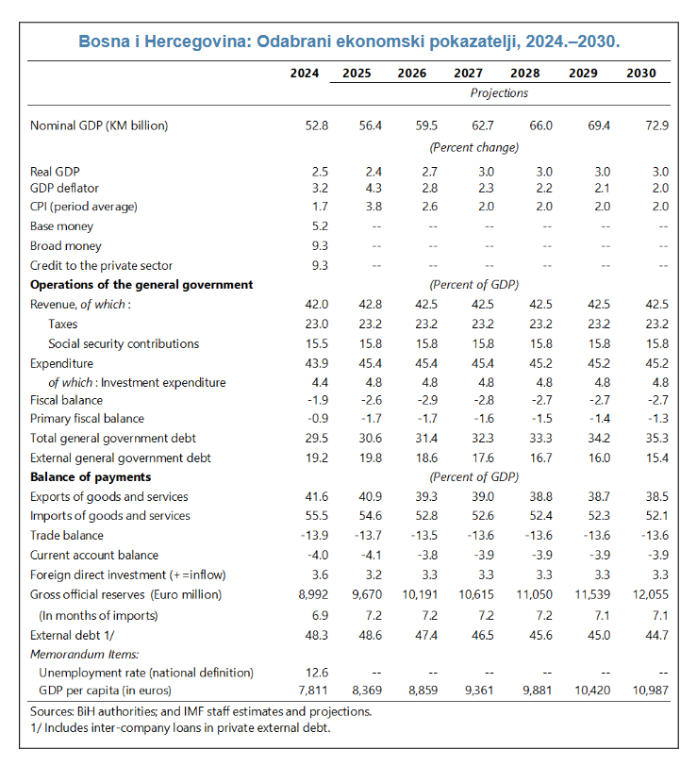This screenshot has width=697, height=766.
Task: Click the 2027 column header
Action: tap(469, 73)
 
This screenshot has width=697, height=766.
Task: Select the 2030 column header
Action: tap(640, 73)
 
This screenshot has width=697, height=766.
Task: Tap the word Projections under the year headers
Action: tap(499, 93)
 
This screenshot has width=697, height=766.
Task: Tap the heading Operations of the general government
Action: tap(141, 284)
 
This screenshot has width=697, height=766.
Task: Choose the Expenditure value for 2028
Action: tap(541, 363)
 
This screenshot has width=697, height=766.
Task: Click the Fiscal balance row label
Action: tap(69, 400)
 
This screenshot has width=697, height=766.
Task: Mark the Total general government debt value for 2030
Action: tap(656, 438)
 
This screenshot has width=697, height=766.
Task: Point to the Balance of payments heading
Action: tap(91, 477)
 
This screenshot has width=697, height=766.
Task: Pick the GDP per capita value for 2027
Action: tap(480, 691)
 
